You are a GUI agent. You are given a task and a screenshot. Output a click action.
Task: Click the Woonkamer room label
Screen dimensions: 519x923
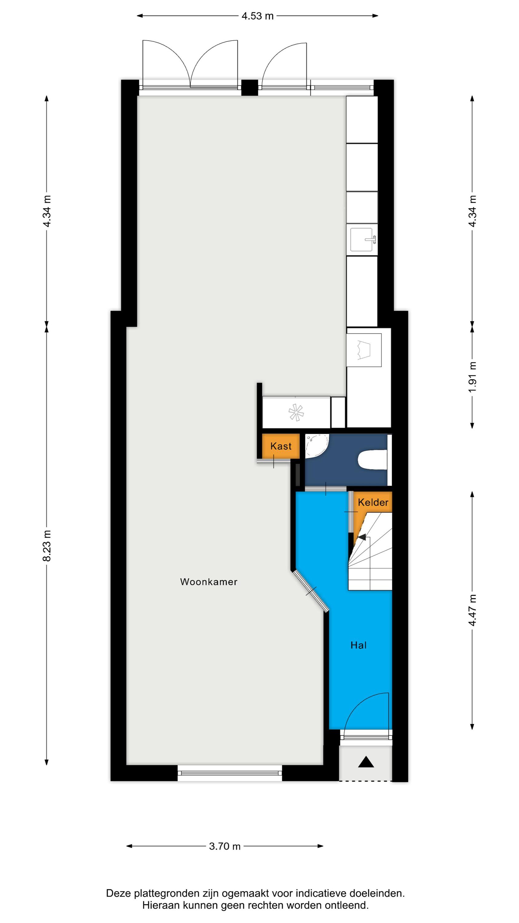click(x=208, y=581)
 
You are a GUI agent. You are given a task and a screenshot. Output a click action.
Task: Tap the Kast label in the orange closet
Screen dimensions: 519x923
click(x=281, y=446)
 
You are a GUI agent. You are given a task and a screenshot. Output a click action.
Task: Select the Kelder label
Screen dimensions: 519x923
click(x=373, y=502)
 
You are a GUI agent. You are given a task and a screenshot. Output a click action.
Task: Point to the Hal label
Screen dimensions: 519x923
click(x=358, y=645)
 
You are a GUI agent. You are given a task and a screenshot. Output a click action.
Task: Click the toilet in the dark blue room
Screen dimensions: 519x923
click(x=373, y=460)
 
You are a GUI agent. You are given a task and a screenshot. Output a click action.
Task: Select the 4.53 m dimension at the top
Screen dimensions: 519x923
click(x=258, y=16)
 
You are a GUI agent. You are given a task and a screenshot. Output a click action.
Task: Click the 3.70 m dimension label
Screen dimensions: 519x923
click(x=224, y=846)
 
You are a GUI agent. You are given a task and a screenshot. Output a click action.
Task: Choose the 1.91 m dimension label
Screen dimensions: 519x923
click(x=473, y=377)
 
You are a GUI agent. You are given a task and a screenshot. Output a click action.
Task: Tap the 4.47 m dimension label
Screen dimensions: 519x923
click(x=473, y=610)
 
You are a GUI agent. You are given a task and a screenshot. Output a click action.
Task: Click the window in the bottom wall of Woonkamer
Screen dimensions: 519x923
click(x=230, y=773)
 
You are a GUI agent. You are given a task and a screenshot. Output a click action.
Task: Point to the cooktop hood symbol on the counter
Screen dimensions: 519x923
click(x=364, y=350)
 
